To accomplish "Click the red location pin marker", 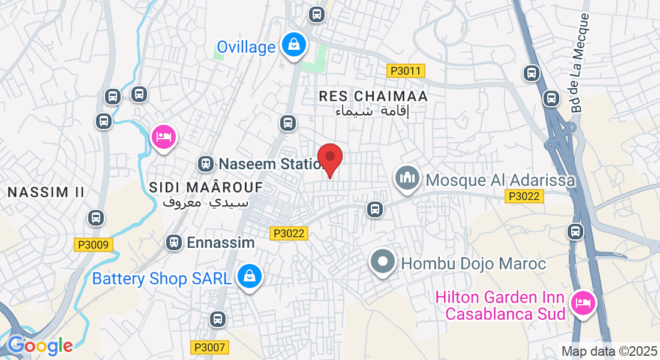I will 329,159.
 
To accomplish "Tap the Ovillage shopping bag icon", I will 294,45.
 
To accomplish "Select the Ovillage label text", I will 246,47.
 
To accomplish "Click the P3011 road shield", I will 406,71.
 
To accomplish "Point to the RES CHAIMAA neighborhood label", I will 373,96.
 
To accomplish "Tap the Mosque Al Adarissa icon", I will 407,178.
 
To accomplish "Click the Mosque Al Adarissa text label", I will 500,180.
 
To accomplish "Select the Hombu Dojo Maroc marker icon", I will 382,262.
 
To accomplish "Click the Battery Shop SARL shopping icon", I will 248,277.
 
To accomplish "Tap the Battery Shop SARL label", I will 161,279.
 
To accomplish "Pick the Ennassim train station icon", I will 174,242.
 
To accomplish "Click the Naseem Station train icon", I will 205,163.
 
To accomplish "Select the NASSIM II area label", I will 46,192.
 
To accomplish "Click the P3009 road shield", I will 94,245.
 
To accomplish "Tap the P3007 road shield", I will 210,347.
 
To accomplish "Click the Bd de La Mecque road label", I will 580,63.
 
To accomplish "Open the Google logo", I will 40,345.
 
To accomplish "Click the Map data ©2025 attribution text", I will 610,351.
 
